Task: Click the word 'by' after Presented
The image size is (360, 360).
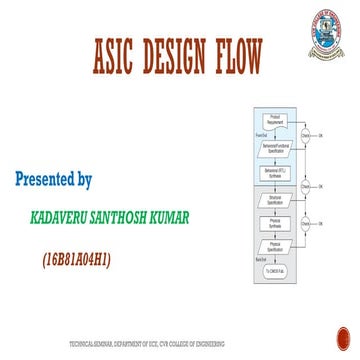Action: pos(85,182)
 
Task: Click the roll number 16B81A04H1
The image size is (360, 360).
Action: pos(76,260)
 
